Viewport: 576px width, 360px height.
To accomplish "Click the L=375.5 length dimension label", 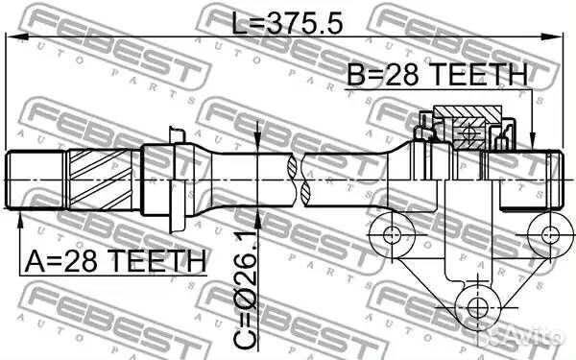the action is [x=287, y=22].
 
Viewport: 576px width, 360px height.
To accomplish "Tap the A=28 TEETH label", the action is [x=115, y=261].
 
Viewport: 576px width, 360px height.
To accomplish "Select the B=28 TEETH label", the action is [x=437, y=75].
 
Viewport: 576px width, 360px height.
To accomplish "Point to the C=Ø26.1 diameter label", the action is [x=246, y=290].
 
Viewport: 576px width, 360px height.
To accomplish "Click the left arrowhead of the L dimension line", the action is [x=17, y=36].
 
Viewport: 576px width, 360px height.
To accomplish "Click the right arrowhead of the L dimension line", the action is [x=552, y=36].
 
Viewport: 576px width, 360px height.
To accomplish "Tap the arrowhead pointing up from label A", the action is [x=20, y=221].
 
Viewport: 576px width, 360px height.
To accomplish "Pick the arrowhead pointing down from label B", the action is [x=532, y=140].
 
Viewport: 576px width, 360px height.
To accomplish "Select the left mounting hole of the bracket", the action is [x=392, y=234].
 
